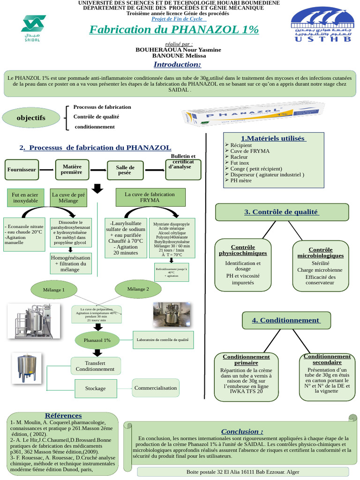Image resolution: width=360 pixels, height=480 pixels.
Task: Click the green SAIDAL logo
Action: tap(33, 28)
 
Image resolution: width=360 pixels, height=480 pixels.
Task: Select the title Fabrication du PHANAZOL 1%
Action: tap(173, 30)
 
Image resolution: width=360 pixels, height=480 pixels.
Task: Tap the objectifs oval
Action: tap(31, 118)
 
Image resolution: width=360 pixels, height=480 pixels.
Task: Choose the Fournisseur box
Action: tap(22, 169)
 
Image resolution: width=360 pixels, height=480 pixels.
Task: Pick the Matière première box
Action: tap(72, 169)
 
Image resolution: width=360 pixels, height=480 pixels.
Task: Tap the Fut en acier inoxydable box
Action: tap(25, 197)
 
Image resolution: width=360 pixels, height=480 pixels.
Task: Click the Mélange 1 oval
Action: tap(54, 290)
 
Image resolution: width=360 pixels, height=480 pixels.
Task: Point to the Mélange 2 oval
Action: tap(138, 289)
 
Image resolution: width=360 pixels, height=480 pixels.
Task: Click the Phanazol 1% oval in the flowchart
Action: tap(97, 340)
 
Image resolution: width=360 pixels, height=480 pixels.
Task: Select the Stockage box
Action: tap(95, 388)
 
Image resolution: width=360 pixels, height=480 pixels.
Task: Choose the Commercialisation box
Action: tap(156, 388)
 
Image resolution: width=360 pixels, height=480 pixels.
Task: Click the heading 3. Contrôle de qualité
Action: tap(282, 212)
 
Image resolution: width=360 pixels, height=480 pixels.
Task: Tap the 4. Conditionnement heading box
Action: tap(286, 320)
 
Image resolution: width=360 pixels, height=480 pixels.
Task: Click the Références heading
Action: tap(63, 415)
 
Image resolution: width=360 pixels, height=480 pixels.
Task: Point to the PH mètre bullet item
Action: tap(240, 180)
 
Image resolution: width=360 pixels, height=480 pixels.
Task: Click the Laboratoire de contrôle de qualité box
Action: tap(162, 340)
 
